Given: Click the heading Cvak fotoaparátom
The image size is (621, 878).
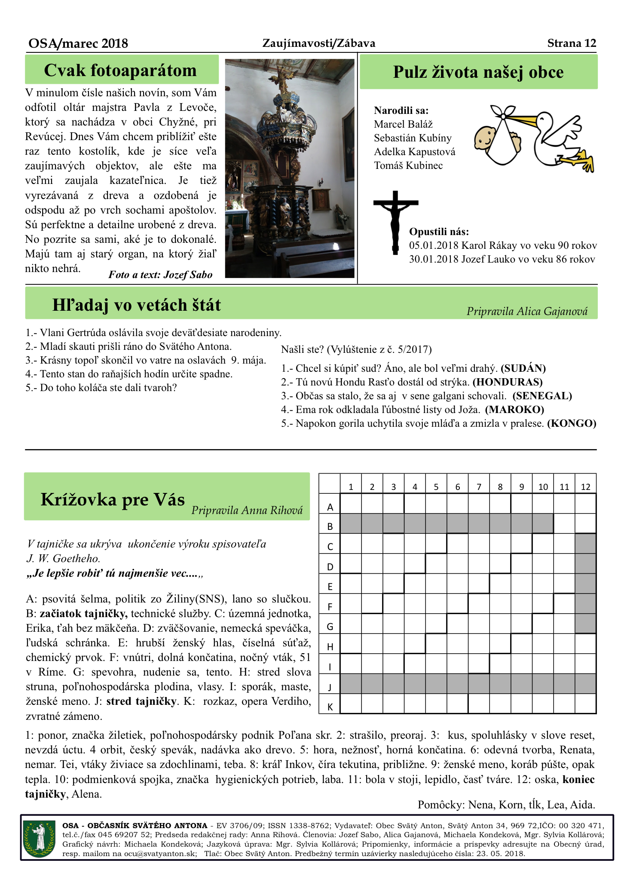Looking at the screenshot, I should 120,70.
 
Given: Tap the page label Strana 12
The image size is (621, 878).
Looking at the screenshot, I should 572,43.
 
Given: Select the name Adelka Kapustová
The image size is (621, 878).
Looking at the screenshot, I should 414,152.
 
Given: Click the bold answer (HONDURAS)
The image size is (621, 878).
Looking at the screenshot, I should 508,382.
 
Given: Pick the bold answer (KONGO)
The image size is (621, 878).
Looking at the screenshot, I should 572,423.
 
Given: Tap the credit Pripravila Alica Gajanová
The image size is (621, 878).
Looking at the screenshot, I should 527,311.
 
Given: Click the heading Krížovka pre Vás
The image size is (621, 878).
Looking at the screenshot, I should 113,500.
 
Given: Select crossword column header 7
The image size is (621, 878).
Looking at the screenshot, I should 479,487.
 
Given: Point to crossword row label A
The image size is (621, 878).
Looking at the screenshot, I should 330,507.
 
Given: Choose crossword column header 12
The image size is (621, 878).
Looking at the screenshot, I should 585,487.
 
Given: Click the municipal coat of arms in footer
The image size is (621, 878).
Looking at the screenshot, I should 40,838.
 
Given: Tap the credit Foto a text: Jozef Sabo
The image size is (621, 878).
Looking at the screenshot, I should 160,275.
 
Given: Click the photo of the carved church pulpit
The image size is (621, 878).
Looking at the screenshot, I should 290,168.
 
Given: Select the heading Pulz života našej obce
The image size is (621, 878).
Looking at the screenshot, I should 478,72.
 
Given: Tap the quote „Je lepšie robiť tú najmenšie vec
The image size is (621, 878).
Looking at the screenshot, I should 115,573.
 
